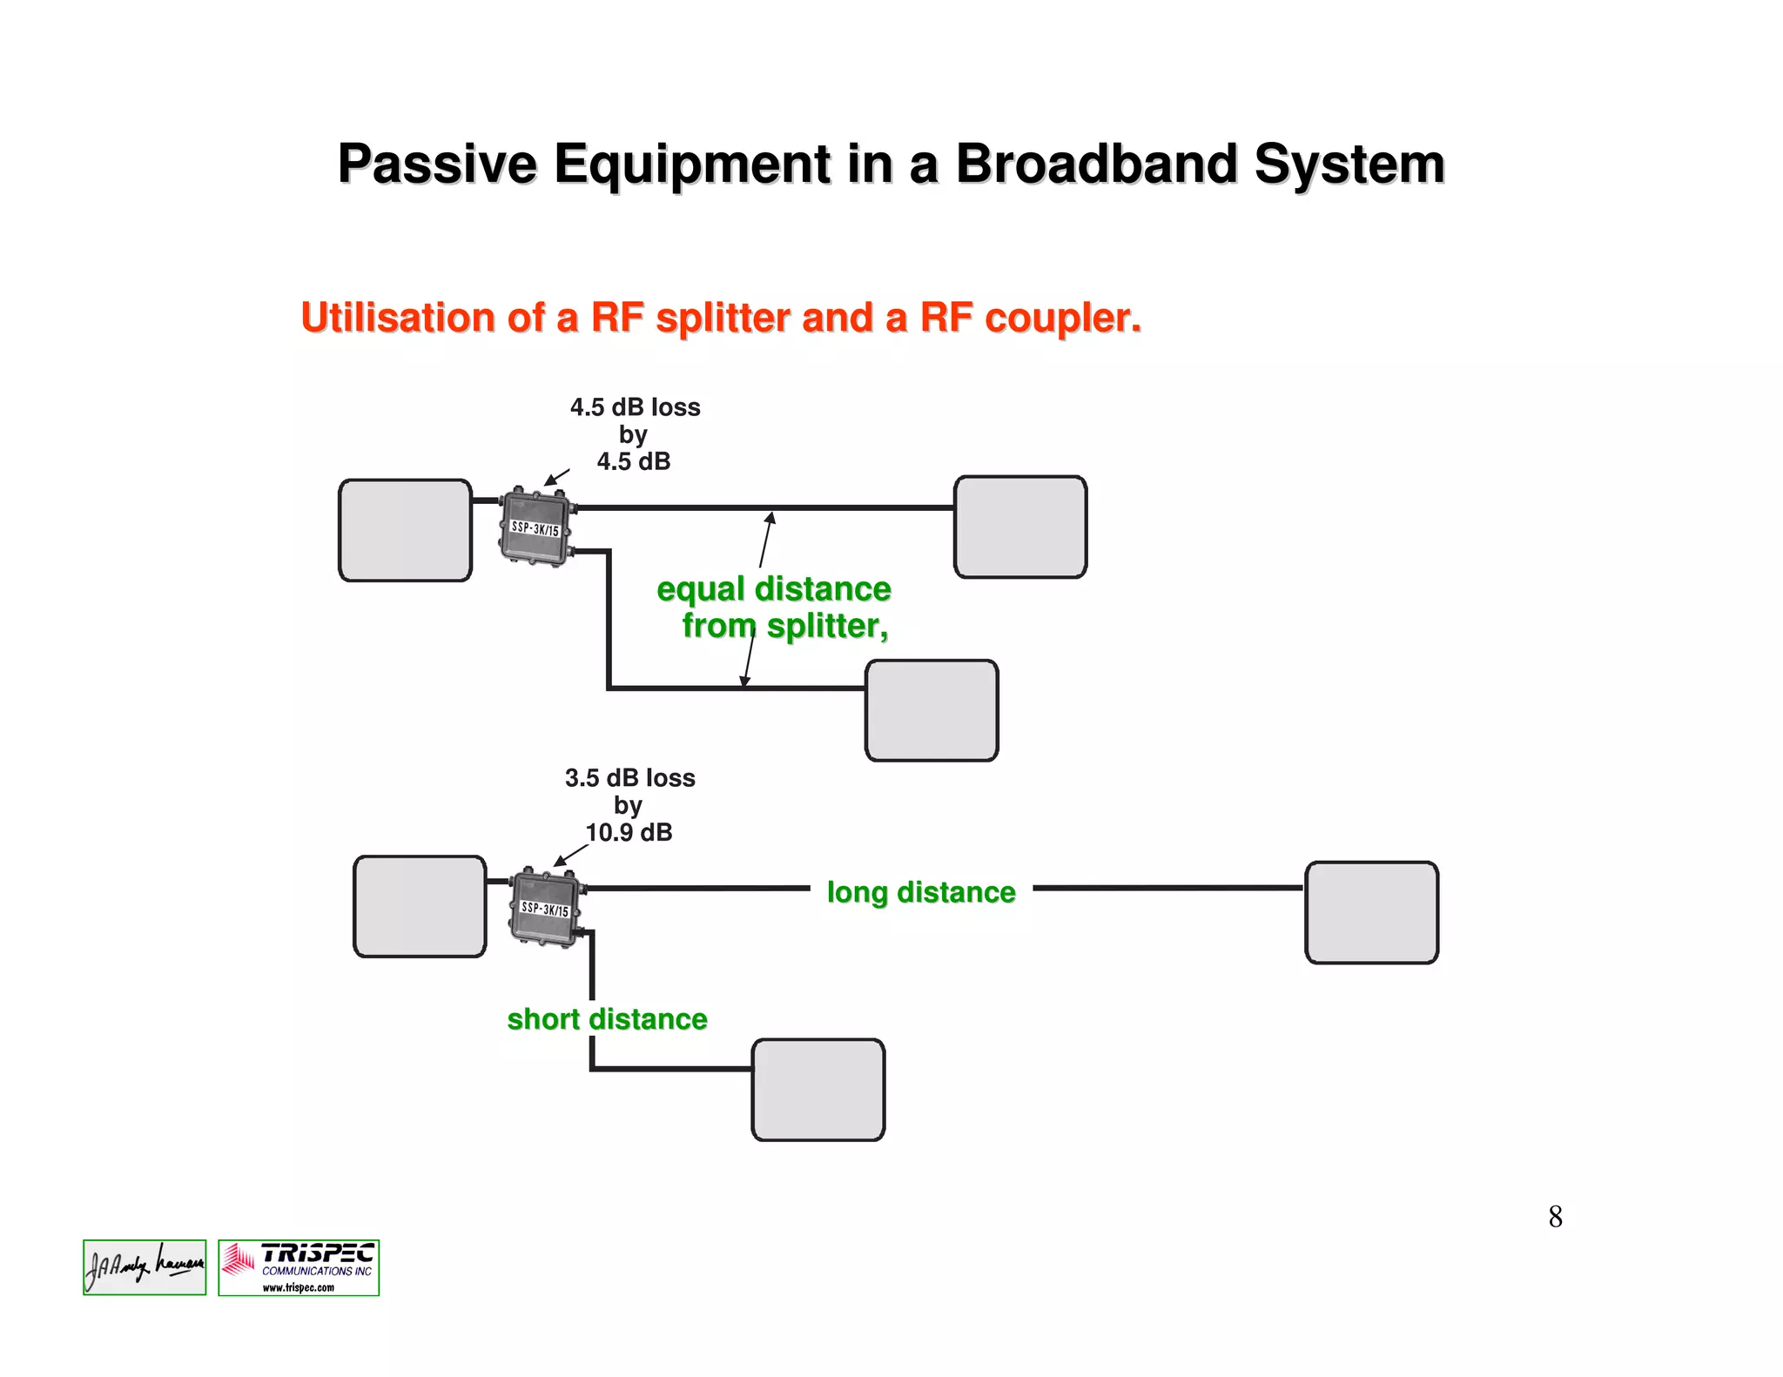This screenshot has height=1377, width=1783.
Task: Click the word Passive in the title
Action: tap(438, 164)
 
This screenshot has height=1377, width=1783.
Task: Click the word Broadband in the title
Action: tap(1096, 164)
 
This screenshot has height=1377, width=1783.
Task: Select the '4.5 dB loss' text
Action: tap(635, 407)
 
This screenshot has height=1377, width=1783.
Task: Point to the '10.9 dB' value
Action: tap(629, 833)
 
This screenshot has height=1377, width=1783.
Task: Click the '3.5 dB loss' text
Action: tap(629, 778)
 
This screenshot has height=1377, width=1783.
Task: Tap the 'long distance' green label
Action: tap(921, 892)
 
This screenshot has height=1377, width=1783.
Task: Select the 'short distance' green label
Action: tap(607, 1019)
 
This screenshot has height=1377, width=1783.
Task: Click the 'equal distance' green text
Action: tap(773, 589)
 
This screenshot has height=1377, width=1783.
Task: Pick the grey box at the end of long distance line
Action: tap(1371, 912)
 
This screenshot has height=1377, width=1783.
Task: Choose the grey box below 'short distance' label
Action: tap(817, 1089)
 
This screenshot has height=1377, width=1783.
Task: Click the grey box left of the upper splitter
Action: tap(405, 530)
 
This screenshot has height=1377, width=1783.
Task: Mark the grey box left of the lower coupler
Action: tap(420, 906)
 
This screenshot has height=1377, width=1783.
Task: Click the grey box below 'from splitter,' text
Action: tap(931, 710)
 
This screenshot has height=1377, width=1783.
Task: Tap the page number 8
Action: tap(1555, 1217)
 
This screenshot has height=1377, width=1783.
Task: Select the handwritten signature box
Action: tap(145, 1267)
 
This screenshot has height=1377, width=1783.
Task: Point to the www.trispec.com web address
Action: tap(299, 1288)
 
